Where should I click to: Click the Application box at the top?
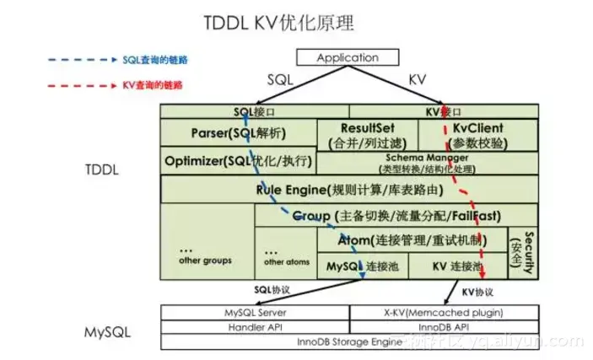pyautogui.click(x=348, y=58)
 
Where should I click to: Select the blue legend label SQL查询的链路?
pyautogui.click(x=154, y=60)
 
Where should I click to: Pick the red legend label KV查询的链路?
pyautogui.click(x=153, y=85)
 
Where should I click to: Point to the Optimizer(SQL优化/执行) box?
pyautogui.click(x=238, y=160)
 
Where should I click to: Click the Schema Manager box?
pyautogui.click(x=427, y=161)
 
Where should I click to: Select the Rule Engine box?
pyautogui.click(x=348, y=189)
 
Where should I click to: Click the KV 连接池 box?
pyautogui.click(x=456, y=266)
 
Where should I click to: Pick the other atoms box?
pyautogui.click(x=285, y=255)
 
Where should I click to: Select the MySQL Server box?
pyautogui.click(x=254, y=311)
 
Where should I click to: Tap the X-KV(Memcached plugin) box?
pyautogui.click(x=444, y=311)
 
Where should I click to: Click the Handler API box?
pyautogui.click(x=254, y=326)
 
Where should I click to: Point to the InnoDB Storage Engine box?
pyautogui.click(x=348, y=341)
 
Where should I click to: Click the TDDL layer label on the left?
pyautogui.click(x=105, y=169)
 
